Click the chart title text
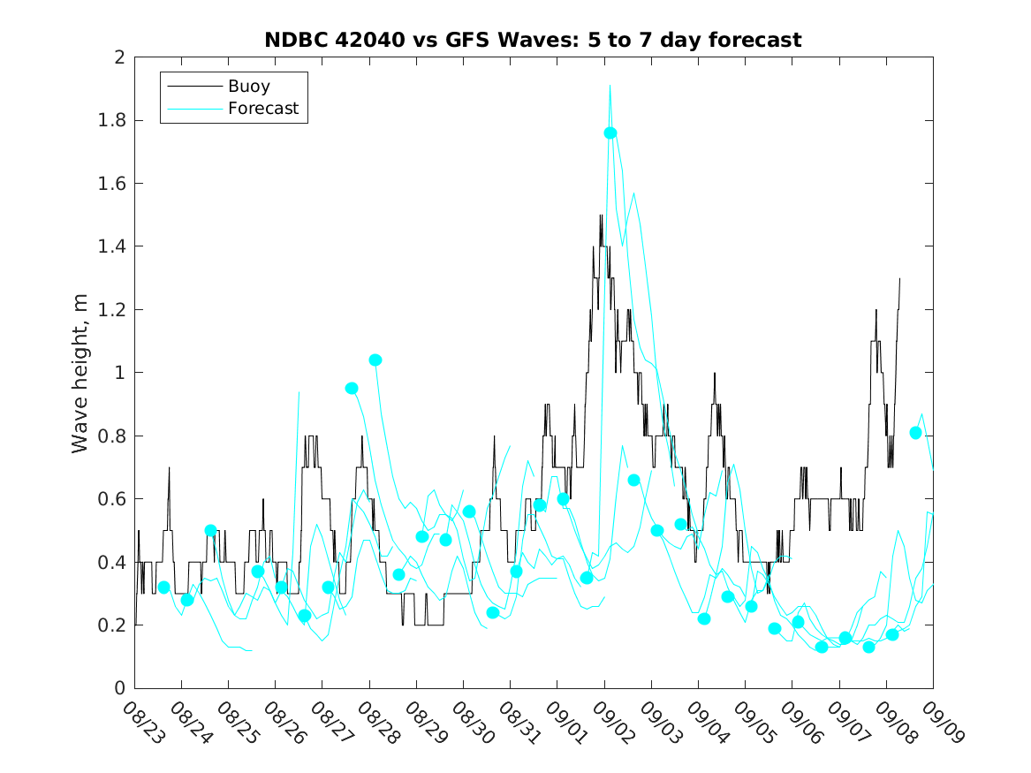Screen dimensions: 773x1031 point(533,40)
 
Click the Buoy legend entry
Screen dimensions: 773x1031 point(249,87)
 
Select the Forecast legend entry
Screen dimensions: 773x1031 point(263,110)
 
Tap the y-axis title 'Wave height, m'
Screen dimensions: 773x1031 point(80,373)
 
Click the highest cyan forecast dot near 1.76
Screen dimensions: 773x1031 point(610,133)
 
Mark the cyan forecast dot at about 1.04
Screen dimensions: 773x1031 point(375,360)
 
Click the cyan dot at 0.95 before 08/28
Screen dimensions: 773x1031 point(352,388)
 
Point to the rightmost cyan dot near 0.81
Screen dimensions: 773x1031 point(916,432)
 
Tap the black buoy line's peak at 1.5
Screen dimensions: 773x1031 point(601,215)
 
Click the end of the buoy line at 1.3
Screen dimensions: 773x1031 point(899,278)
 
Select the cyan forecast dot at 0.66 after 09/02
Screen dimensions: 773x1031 point(633,480)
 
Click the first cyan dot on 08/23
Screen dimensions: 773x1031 point(163,587)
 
